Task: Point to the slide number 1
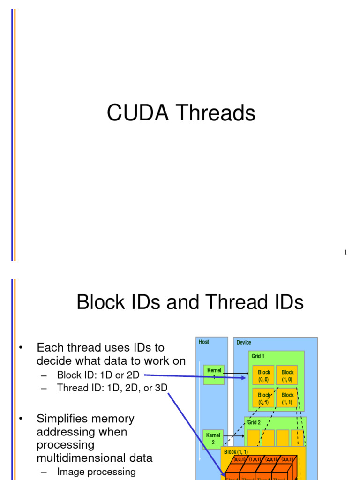pos(345,253)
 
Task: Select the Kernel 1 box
pos(213,374)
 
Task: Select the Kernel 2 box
pos(213,439)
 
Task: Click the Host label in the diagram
pos(204,342)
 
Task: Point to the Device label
pos(244,343)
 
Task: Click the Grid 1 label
pos(258,356)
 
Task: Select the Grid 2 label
pos(254,422)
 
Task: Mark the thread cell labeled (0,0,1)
pos(240,460)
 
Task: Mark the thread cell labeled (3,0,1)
pos(286,460)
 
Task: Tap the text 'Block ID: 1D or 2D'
pos(98,375)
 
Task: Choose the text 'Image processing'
pos(96,472)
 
